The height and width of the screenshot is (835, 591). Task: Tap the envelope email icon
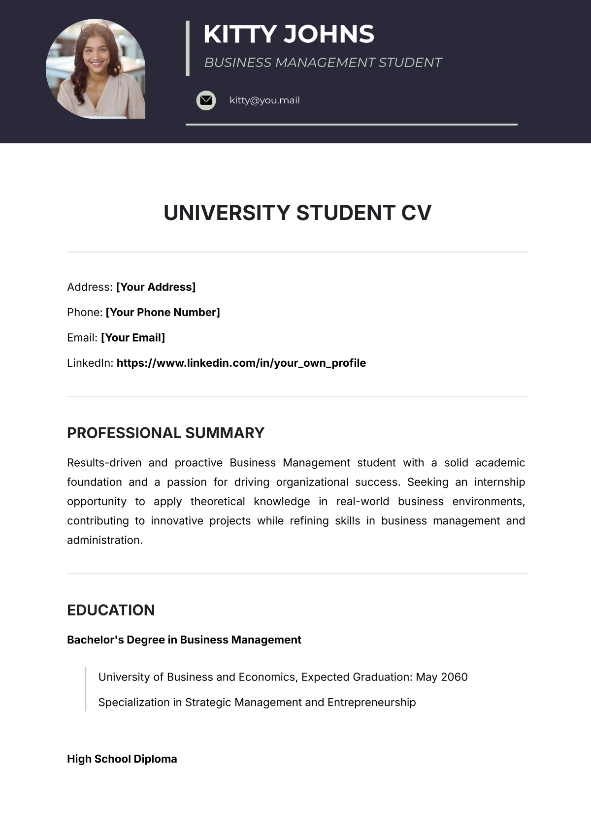206,100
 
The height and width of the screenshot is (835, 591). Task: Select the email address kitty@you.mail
264,100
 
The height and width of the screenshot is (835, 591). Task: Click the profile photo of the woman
96,69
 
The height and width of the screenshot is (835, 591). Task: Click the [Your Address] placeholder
156,287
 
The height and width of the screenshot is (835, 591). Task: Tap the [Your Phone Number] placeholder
163,312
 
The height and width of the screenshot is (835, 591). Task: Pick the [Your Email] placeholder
133,338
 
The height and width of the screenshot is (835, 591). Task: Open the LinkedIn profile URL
241,363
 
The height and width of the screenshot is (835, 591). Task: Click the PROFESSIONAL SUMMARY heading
165,433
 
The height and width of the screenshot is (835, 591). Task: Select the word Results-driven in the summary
104,463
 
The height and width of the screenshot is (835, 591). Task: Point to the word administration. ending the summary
104,540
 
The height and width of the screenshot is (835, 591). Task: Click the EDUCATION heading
111,610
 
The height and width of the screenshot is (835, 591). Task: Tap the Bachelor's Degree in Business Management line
184,640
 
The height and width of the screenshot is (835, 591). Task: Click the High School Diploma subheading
122,759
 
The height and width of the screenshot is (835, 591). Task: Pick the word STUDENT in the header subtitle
410,63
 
